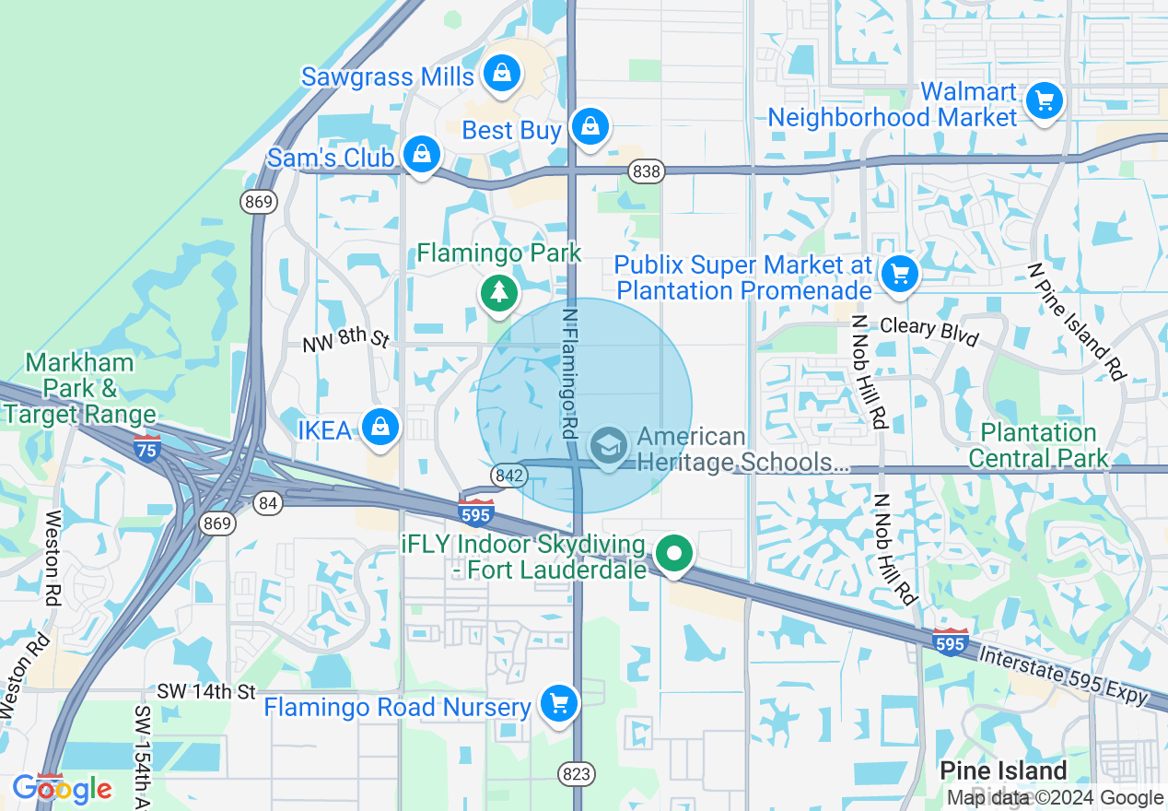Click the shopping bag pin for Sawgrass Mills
[501, 73]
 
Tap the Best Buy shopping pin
[590, 126]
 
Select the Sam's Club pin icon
[421, 155]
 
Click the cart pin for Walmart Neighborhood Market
[1044, 100]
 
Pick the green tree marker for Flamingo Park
[499, 293]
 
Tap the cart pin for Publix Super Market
[899, 274]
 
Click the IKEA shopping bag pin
[380, 428]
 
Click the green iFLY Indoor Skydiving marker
[675, 555]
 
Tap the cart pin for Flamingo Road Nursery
[558, 704]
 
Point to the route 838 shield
[648, 170]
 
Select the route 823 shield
[576, 773]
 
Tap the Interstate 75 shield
[147, 448]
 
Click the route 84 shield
[268, 503]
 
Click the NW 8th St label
[346, 342]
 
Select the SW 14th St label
[205, 691]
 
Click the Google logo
[63, 789]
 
